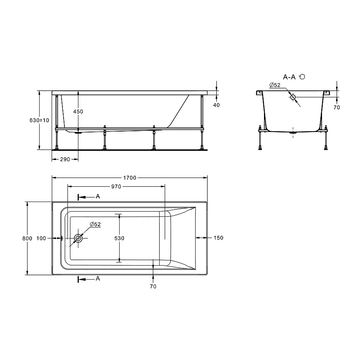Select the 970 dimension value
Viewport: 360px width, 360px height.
(116, 186)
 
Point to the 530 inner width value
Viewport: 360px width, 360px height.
(119, 238)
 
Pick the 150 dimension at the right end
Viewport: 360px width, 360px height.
(218, 238)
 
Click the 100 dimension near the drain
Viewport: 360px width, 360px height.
(41, 238)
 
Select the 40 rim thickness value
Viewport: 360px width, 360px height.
(217, 105)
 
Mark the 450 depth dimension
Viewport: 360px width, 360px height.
(78, 112)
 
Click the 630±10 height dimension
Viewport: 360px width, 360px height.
(40, 120)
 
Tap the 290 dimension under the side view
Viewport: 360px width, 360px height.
(65, 159)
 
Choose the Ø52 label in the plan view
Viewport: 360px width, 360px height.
(95, 225)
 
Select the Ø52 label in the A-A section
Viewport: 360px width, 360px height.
(275, 85)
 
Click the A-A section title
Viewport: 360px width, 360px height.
(289, 77)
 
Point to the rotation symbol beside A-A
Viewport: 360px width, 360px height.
(302, 77)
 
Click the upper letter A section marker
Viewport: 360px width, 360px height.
(98, 196)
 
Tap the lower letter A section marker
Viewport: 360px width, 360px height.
(98, 278)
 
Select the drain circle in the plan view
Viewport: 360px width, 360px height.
(78, 238)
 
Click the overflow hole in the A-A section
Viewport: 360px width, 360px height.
(293, 97)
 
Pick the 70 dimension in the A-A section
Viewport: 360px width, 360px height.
(336, 107)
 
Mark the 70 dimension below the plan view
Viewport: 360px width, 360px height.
(153, 286)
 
